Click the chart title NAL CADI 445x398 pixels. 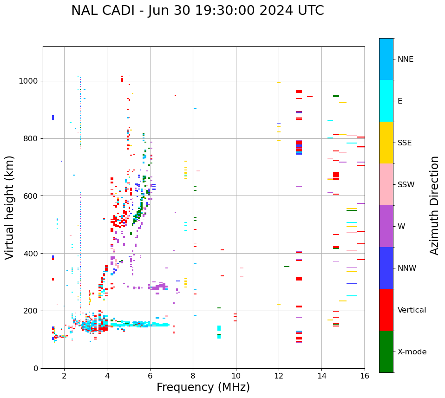coord(197,11)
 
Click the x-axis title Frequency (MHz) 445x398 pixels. coord(203,387)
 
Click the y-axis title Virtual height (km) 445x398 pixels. coord(10,208)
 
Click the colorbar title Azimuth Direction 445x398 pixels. coord(434,205)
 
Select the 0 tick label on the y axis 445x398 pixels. coord(36,368)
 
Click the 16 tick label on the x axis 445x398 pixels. coord(365,376)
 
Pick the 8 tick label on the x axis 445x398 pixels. coord(193,376)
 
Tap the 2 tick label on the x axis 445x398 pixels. coord(64,376)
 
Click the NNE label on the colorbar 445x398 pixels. coord(406,59)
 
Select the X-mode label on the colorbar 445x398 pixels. coord(412,352)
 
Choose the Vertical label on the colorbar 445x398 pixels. coord(412,310)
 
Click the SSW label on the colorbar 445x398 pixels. coord(406,185)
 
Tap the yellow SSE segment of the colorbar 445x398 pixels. coord(386,143)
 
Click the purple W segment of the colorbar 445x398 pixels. coord(386,226)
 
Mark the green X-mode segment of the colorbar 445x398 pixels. coord(386,352)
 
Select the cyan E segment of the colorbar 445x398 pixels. coord(386,101)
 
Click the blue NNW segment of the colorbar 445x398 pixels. coord(386,268)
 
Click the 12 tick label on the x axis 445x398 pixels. coord(279,376)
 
